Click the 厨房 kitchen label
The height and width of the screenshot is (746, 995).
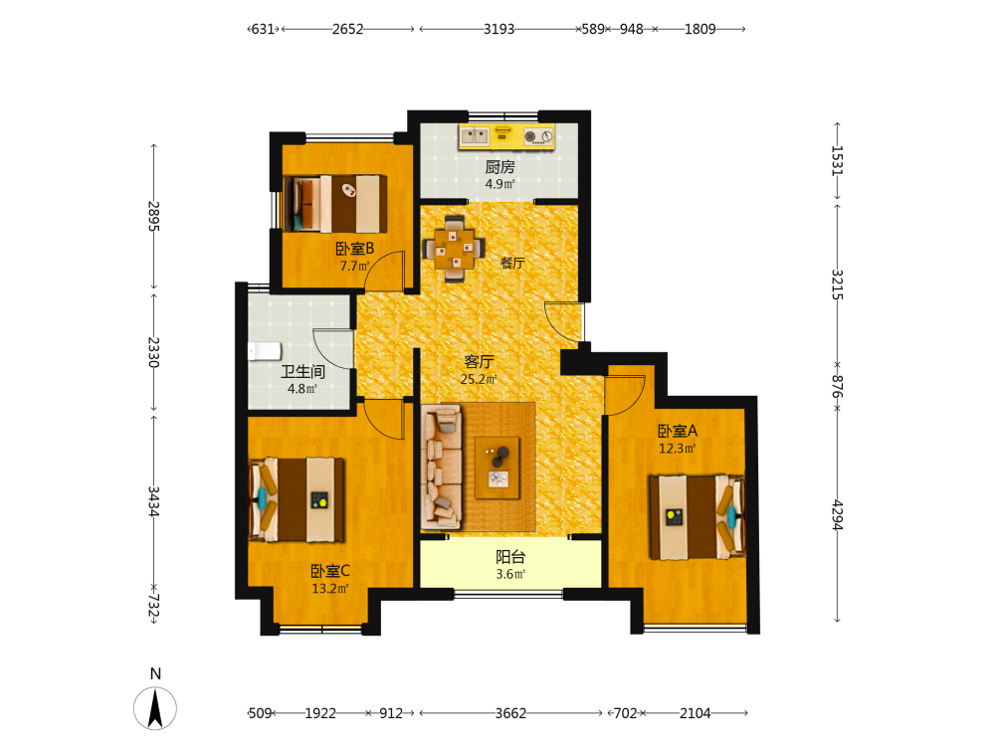500,167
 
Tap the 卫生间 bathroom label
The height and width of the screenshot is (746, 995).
302,372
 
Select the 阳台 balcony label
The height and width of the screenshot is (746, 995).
510,557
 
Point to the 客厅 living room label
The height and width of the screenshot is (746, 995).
479,362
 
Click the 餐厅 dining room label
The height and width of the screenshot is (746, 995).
512,263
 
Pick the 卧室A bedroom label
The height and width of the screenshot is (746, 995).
677,431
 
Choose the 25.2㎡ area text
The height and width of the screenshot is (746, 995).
479,379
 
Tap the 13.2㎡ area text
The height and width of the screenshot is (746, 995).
330,589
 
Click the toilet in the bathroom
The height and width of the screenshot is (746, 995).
264,351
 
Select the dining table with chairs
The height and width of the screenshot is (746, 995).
454,249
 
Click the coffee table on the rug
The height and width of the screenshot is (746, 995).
497,467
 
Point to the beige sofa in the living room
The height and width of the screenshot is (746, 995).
442,467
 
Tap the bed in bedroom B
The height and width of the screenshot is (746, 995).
335,204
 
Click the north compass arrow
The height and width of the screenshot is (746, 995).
155,708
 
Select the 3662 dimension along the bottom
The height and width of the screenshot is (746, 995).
510,713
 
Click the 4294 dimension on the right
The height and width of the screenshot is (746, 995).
838,515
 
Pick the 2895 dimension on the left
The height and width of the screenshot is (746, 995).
153,216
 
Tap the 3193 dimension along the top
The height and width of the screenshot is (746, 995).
498,29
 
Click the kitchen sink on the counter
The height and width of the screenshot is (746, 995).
474,135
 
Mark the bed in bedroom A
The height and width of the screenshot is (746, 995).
696,517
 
